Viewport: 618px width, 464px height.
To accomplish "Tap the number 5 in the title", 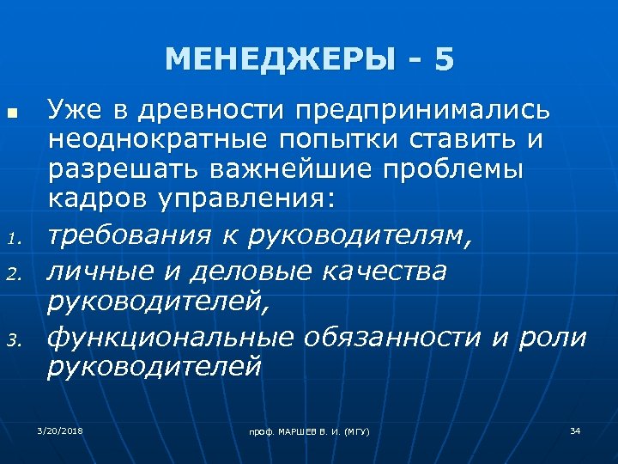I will point(444,59).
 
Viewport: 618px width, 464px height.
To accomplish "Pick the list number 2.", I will point(12,274).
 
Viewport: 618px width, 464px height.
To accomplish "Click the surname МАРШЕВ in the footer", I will point(295,430).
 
